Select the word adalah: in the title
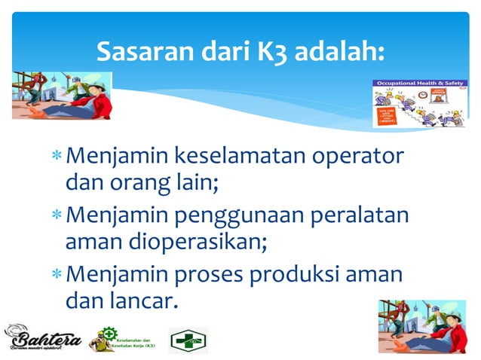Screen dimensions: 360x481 point(339,53)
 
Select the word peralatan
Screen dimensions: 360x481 point(367,216)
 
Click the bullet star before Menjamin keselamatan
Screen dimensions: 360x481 point(57,159)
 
